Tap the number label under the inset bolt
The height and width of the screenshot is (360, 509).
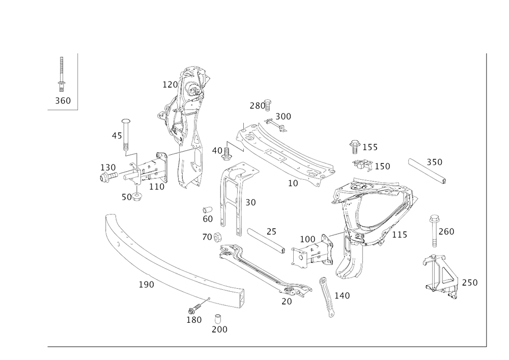(x=63, y=101)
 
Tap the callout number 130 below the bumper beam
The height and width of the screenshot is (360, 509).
(x=194, y=320)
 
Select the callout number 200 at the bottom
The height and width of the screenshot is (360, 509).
(x=220, y=329)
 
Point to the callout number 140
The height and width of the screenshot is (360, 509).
(x=342, y=295)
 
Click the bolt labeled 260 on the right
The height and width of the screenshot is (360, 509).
(x=434, y=229)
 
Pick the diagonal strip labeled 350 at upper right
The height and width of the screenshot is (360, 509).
(x=428, y=170)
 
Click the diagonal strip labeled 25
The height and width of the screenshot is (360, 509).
(x=266, y=240)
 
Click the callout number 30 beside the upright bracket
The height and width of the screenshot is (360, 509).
(x=249, y=203)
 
